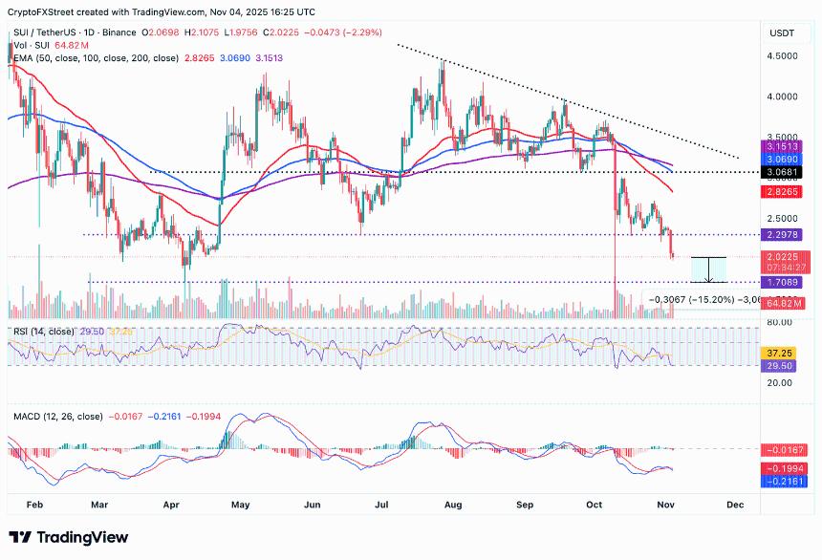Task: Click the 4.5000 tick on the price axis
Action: tap(783, 55)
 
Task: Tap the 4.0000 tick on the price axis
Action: tap(783, 97)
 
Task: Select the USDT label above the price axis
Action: tap(781, 33)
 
